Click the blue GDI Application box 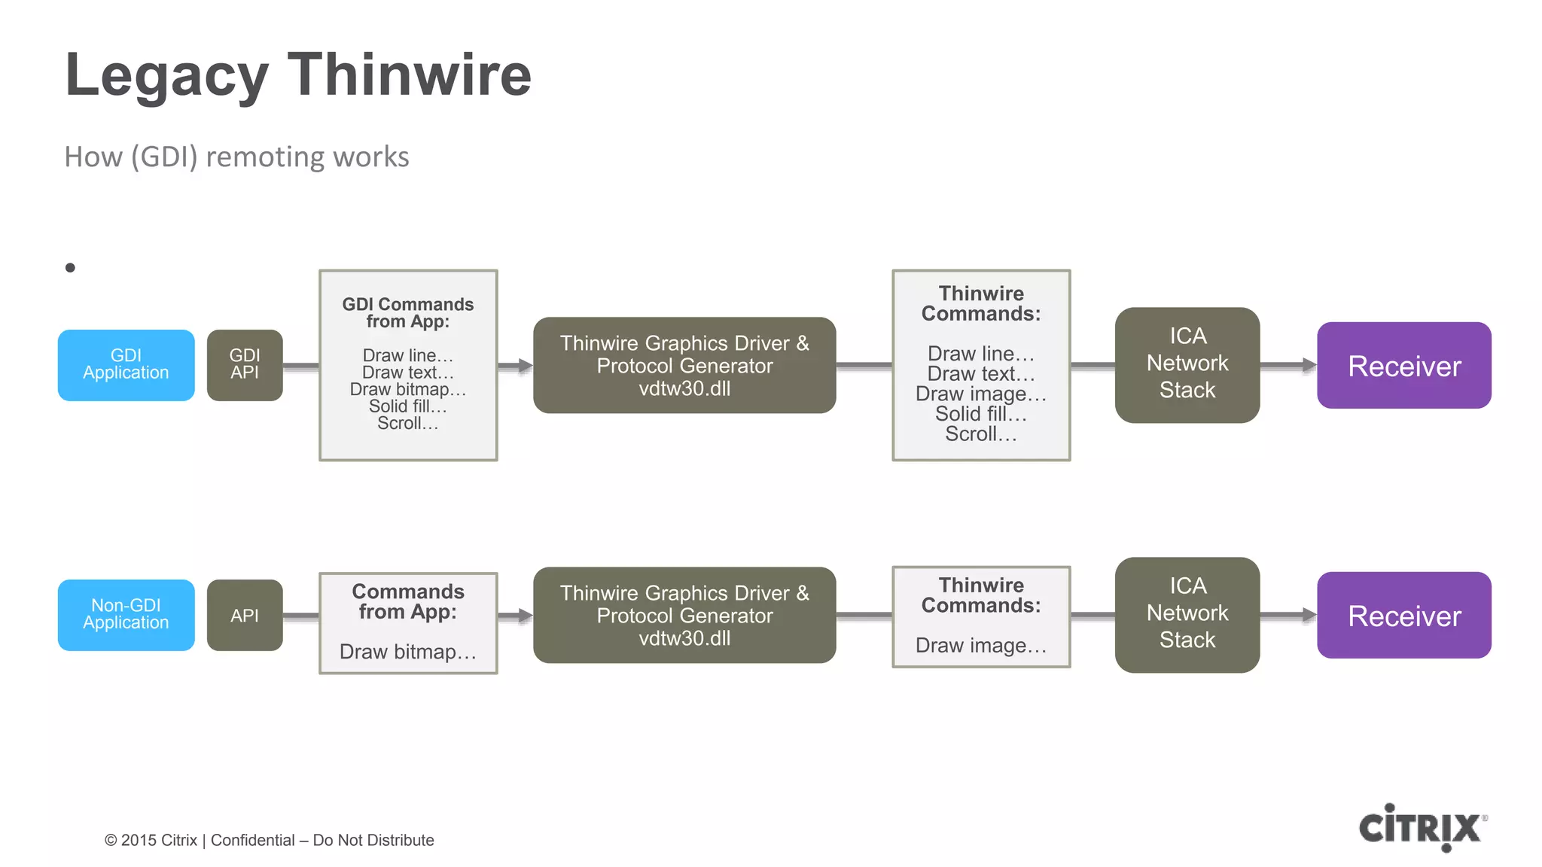[x=126, y=365]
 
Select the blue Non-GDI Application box [x=126, y=615]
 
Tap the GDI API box [x=245, y=365]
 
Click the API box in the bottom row [x=245, y=615]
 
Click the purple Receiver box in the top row [x=1403, y=366]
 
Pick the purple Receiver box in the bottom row [x=1403, y=616]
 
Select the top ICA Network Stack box [x=1187, y=364]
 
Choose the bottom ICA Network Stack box [x=1187, y=614]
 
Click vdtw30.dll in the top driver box [x=684, y=389]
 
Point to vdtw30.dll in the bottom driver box [x=684, y=639]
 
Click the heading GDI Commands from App [x=407, y=313]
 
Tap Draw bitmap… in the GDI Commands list [x=407, y=390]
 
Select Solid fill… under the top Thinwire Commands [x=980, y=414]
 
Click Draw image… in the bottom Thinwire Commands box [x=980, y=646]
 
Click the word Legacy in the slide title [x=166, y=75]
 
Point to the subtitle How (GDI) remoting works [x=236, y=157]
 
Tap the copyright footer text [x=269, y=840]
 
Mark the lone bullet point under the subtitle [x=70, y=267]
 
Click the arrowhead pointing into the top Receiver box [x=1309, y=365]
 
